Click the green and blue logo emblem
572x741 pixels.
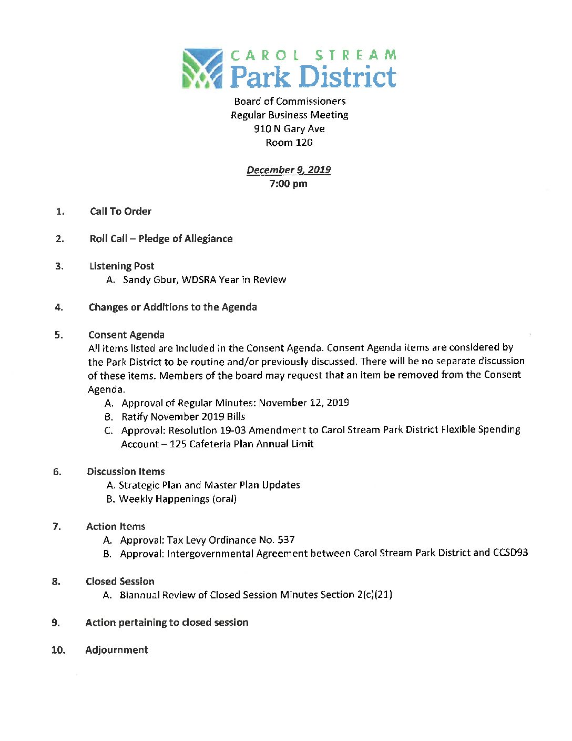pyautogui.click(x=202, y=68)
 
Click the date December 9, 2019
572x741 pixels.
pyautogui.click(x=289, y=169)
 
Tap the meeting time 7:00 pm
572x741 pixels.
pyautogui.click(x=288, y=184)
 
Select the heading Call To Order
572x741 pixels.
pyautogui.click(x=120, y=211)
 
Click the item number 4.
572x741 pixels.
pyautogui.click(x=59, y=307)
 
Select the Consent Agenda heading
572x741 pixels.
pyautogui.click(x=126, y=335)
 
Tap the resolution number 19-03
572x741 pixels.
pyautogui.click(x=233, y=430)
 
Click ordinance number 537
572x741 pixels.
pyautogui.click(x=286, y=539)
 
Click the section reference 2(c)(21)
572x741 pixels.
pyautogui.click(x=374, y=595)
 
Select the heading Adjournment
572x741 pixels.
pyautogui.click(x=117, y=650)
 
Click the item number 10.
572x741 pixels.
pyautogui.click(x=58, y=650)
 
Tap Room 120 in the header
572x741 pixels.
pyautogui.click(x=289, y=143)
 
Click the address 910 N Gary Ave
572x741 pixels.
pyautogui.click(x=289, y=129)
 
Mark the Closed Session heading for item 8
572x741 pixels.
pyautogui.click(x=120, y=582)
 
